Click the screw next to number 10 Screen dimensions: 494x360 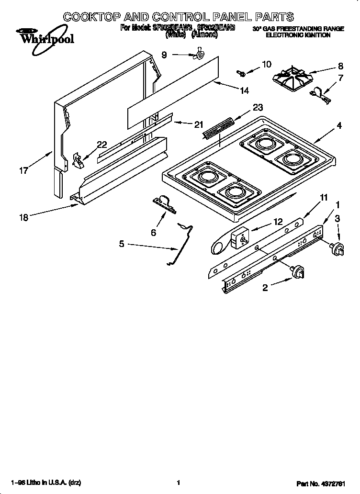point(241,73)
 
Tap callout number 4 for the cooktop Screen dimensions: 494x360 point(338,126)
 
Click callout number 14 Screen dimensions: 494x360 point(244,90)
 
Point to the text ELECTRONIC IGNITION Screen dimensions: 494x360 point(298,35)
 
